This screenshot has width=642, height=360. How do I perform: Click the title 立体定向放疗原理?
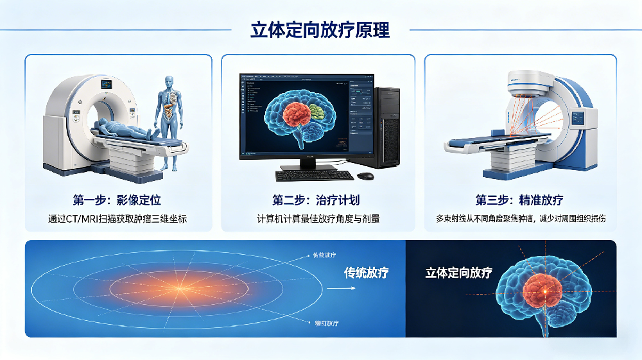tap(320, 30)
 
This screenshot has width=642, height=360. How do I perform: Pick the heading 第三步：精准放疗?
tap(520, 200)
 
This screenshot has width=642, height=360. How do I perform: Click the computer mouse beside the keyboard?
tap(365, 176)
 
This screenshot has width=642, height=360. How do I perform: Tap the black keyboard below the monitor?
tap(314, 175)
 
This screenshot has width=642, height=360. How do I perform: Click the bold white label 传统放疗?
tap(367, 273)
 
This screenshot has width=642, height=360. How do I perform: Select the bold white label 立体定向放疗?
tap(458, 273)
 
